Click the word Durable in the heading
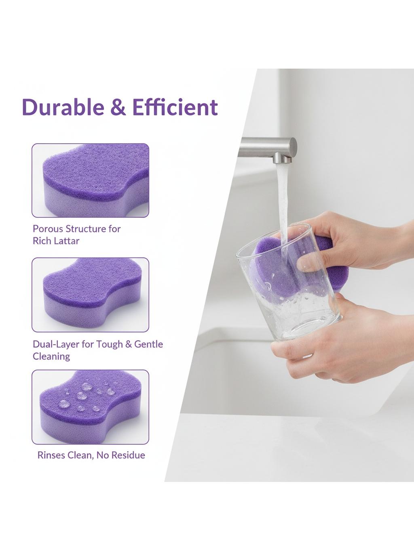coord(63,107)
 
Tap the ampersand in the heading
coord(118,107)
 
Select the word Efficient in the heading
coord(175,107)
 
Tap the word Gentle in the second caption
coord(148,344)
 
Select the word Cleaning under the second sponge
coord(51,356)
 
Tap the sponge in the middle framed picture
coord(93,294)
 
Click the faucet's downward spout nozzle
coord(283,159)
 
